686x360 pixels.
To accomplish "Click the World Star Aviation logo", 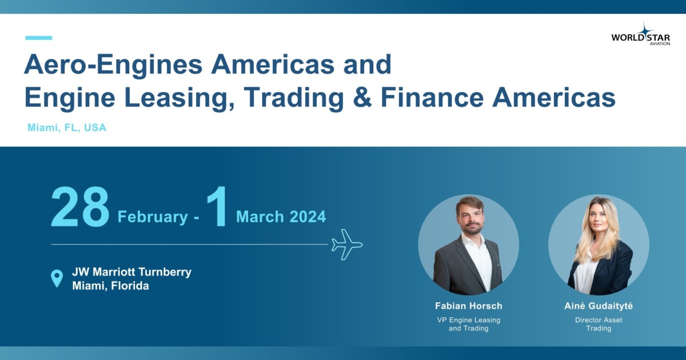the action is [x=641, y=34].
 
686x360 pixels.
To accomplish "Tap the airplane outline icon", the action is [x=347, y=245].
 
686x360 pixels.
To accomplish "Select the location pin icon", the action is [x=57, y=278].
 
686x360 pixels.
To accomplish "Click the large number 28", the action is [x=80, y=207].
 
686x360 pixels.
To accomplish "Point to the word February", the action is [x=153, y=217].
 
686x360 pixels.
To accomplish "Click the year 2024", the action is [x=308, y=217].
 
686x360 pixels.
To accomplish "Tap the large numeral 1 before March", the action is [x=217, y=206].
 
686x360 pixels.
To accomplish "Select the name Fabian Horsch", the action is [x=469, y=306].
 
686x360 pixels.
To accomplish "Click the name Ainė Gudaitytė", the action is [x=599, y=306].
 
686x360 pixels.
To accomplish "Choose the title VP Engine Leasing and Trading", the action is [x=469, y=324].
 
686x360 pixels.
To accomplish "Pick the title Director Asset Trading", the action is [x=599, y=324].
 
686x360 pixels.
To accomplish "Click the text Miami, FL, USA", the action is [x=67, y=127].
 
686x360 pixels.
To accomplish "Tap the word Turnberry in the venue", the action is [x=165, y=272].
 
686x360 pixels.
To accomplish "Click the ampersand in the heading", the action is [x=362, y=97].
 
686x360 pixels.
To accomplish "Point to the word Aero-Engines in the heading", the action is [x=113, y=65].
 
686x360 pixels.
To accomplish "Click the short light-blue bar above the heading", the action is [x=39, y=38].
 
